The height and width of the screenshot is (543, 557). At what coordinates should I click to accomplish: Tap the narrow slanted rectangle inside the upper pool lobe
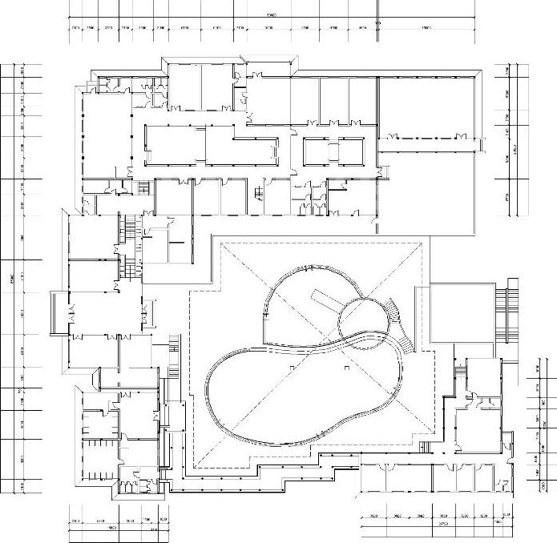pyautogui.click(x=325, y=300)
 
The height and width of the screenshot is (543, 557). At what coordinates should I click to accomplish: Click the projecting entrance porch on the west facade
pyautogui.click(x=56, y=315)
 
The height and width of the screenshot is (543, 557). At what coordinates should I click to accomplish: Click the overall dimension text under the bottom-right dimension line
pyautogui.click(x=442, y=529)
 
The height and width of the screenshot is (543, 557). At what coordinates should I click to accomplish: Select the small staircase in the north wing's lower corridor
pyautogui.click(x=259, y=193)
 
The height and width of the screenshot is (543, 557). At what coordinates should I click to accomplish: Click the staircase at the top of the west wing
pyautogui.click(x=127, y=227)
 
